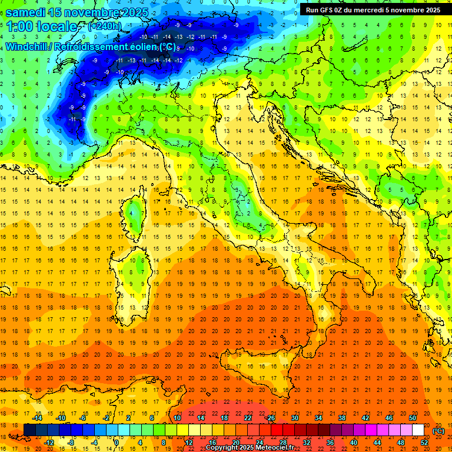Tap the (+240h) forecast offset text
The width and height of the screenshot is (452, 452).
pyautogui.click(x=104, y=26)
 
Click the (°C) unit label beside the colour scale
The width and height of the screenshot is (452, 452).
pyautogui.click(x=438, y=430)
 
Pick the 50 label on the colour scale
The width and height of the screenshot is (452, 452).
pyautogui.click(x=413, y=418)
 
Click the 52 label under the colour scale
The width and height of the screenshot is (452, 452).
pyautogui.click(x=424, y=442)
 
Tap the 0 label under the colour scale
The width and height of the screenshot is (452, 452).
pyautogui.click(x=117, y=442)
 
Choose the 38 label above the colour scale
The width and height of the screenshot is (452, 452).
pyautogui.click(x=342, y=418)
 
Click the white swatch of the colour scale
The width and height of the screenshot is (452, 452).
pyautogui.click(x=418, y=430)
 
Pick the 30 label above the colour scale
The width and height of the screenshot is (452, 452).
pyautogui.click(x=295, y=418)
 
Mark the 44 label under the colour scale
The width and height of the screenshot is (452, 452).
pyautogui.click(x=377, y=442)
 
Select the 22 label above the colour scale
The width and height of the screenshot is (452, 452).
pyautogui.click(x=248, y=418)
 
